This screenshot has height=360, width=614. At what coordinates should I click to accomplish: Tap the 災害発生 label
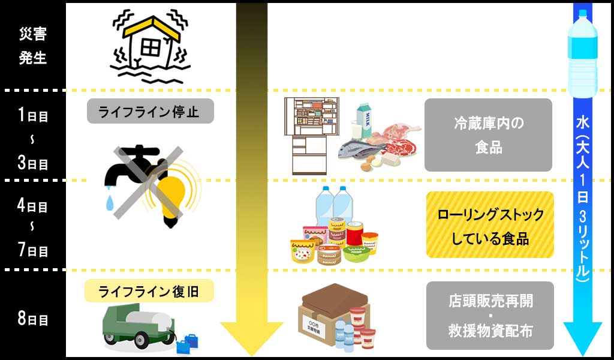33,46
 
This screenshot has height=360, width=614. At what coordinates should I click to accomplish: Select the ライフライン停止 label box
151,111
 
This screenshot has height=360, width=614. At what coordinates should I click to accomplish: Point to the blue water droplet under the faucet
110,203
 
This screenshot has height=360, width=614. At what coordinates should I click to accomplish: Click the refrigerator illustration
311,136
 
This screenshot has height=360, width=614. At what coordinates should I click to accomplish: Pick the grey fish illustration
361,149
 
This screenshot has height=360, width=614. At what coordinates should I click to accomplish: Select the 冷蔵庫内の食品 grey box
488,135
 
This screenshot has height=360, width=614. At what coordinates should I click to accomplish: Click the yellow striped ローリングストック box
490,224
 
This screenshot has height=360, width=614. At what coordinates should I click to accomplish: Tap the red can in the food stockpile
354,233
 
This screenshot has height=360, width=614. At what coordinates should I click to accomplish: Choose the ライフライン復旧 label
149,291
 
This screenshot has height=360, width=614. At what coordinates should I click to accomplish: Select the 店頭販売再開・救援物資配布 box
490,316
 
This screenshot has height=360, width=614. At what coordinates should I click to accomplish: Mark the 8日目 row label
33,319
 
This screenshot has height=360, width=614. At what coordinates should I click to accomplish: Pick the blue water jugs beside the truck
187,344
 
